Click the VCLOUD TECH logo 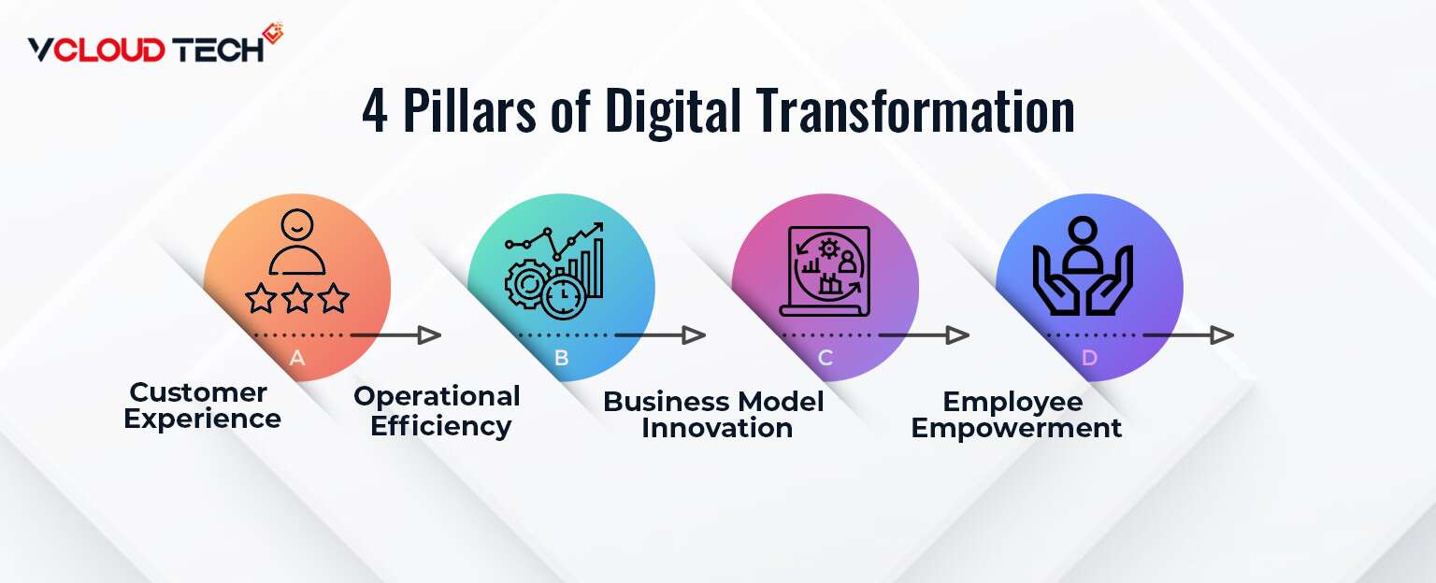click(155, 46)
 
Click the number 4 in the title click(375, 111)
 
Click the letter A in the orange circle click(297, 358)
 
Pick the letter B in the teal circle click(561, 358)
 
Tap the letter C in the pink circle click(826, 358)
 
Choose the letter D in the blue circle click(1089, 358)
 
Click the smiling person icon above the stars click(297, 245)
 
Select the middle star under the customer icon click(297, 299)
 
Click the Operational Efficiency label click(438, 411)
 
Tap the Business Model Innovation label click(714, 415)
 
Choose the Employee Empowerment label click(1015, 415)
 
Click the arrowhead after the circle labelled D click(1222, 334)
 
